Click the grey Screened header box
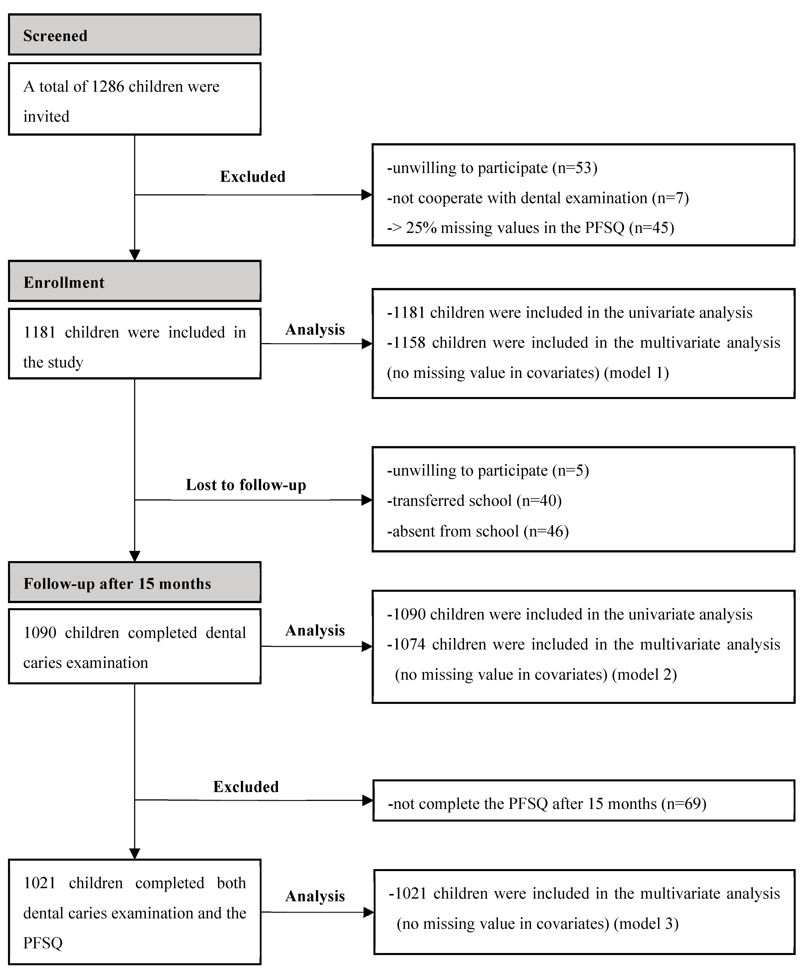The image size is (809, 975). (x=135, y=35)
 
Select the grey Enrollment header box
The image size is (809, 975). (x=135, y=281)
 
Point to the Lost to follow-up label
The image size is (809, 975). (x=246, y=485)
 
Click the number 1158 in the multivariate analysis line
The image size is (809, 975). (x=409, y=343)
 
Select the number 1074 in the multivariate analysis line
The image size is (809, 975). (x=409, y=644)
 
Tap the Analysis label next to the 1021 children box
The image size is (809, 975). (x=315, y=896)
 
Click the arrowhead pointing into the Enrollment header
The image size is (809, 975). (x=135, y=255)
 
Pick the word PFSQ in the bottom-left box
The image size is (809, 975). (x=43, y=943)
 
